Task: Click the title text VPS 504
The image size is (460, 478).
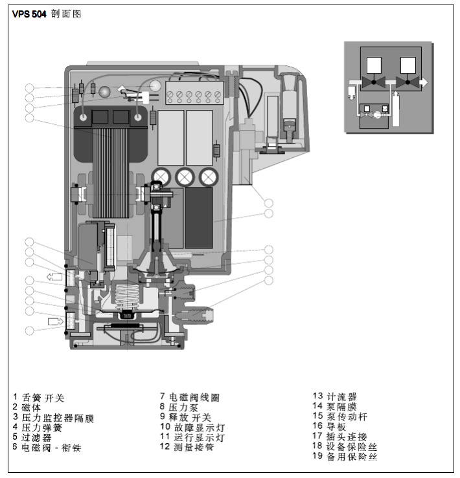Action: coord(30,14)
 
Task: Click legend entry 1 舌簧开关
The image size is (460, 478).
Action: coord(39,397)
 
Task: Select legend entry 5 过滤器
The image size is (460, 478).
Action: coord(35,437)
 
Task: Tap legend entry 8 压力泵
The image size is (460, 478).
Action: coord(183,407)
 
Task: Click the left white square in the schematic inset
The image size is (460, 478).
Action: coord(374,66)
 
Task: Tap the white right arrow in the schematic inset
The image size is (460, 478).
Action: coord(423,82)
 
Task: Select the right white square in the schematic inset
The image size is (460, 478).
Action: coord(408,66)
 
